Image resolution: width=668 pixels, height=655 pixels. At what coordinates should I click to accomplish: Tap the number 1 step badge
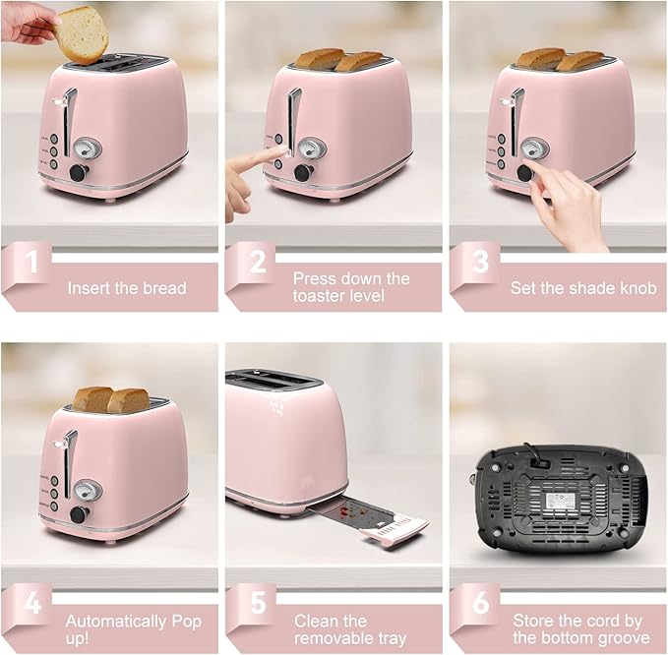[x=32, y=263]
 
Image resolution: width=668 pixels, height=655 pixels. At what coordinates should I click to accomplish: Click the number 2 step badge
[x=257, y=263]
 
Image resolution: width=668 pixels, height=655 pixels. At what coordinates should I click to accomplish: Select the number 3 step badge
[x=480, y=263]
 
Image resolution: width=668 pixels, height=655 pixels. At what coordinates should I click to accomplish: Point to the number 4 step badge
[x=32, y=603]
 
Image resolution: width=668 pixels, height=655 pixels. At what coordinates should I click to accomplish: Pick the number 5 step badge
[x=257, y=603]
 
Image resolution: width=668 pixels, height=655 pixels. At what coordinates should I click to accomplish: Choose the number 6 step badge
[x=480, y=603]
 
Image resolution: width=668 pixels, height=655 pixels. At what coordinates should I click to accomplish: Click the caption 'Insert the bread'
[x=126, y=288]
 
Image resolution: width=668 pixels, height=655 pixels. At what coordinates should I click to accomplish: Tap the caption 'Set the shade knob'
[x=582, y=288]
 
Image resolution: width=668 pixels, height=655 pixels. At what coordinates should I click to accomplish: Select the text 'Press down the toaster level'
[x=351, y=286]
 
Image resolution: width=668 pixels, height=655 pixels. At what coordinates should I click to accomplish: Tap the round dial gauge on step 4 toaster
[x=88, y=489]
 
